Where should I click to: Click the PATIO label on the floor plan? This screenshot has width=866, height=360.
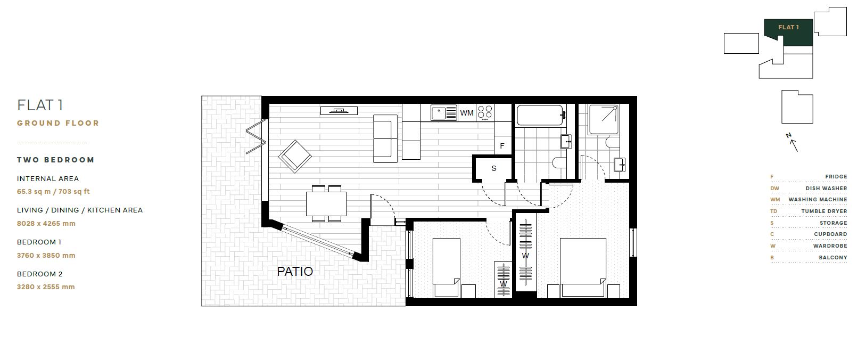click(294, 272)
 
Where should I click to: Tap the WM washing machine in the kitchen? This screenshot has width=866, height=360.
click(467, 113)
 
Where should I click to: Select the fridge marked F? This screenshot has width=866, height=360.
click(502, 146)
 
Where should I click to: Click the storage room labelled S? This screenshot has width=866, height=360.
click(494, 169)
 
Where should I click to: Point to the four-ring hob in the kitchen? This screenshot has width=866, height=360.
click(485, 113)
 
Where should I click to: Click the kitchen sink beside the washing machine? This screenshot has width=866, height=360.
click(444, 113)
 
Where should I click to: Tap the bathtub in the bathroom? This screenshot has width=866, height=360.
click(540, 115)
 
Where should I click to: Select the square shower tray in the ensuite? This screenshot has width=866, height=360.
click(603, 119)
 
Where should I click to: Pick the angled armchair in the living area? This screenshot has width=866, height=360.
click(295, 156)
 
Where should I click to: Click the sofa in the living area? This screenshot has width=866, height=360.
click(385, 138)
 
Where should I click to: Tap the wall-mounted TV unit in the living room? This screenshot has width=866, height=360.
click(339, 111)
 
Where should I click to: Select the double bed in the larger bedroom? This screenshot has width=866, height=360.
click(583, 268)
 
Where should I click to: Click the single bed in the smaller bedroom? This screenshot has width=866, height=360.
click(447, 268)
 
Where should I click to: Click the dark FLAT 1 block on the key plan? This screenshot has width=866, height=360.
click(789, 32)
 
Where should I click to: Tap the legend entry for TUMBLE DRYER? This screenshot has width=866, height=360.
click(809, 211)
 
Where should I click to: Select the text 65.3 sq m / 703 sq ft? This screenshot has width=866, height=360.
click(53, 191)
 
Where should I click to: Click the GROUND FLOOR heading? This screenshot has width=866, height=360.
click(58, 123)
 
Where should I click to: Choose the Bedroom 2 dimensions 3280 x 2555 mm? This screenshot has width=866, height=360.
click(46, 287)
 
